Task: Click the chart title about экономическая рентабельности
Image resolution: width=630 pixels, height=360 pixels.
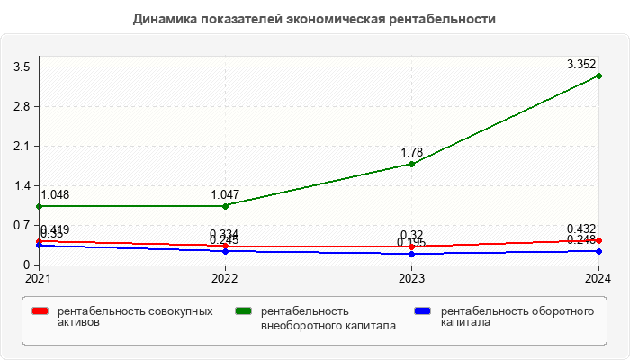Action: pos(315,18)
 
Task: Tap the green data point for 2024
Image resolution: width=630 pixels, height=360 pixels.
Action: pos(598,76)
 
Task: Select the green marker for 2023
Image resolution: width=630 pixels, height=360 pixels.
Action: pos(411,164)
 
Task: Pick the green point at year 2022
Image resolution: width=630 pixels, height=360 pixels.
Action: pos(225,206)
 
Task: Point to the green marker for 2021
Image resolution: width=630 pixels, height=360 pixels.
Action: pos(39,206)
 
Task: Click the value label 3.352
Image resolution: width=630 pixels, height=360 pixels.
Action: pos(581,64)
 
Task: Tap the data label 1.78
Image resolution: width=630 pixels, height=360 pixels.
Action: pos(411,152)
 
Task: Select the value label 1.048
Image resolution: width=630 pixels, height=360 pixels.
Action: pos(55,194)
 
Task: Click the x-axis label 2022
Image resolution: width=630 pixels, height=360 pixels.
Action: pos(225,278)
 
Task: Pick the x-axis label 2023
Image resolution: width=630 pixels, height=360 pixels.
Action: pos(411,278)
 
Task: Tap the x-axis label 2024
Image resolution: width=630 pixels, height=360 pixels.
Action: pos(598,278)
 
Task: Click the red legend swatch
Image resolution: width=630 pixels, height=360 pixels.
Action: pos(40,311)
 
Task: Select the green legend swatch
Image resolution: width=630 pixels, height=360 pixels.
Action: pos(243,311)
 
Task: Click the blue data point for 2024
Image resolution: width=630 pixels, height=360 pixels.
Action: pos(598,251)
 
